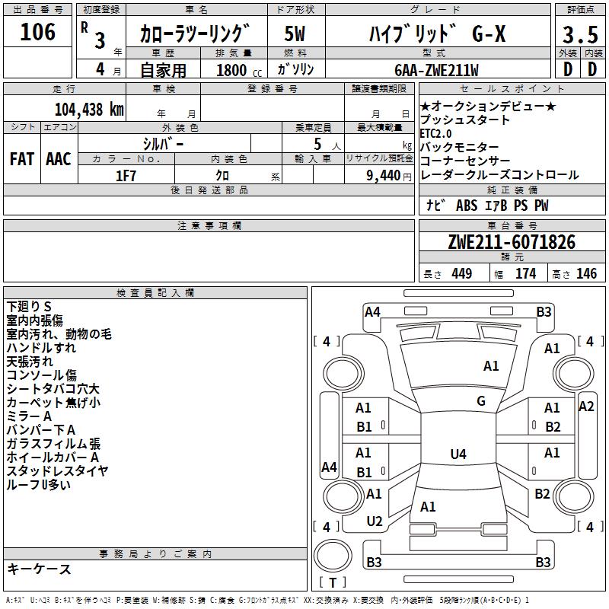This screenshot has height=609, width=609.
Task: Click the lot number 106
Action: tap(38, 32)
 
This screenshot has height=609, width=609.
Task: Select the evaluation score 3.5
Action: tap(579, 35)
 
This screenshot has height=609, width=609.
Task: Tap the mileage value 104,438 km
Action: tap(89, 109)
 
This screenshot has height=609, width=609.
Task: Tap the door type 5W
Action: tap(295, 35)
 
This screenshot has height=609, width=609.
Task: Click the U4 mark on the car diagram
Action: tap(458, 454)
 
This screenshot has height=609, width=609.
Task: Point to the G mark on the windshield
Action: tap(480, 401)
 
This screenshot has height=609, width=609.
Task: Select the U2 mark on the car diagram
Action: tap(374, 521)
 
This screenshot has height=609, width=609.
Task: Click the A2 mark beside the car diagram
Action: tap(585, 407)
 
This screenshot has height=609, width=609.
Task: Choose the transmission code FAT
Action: tap(21, 158)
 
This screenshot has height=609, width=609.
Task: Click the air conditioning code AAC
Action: tap(58, 158)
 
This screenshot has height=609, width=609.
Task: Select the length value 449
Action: tap(461, 274)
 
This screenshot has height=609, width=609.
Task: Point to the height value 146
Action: tap(586, 274)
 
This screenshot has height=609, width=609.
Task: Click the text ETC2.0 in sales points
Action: tap(441, 133)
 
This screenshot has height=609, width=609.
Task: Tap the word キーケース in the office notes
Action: tap(39, 569)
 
